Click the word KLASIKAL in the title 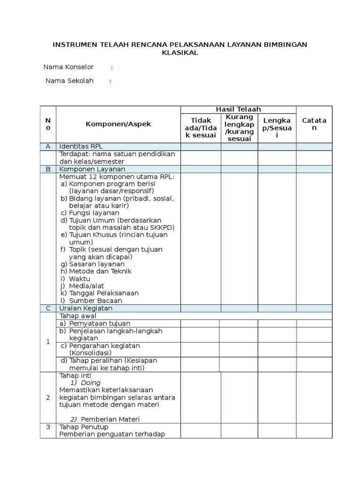[180, 53]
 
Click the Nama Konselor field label [68, 67]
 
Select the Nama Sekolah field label [69, 81]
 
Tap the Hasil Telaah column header [238, 109]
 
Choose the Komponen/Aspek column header [118, 124]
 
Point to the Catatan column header [314, 124]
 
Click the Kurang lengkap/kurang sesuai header [239, 127]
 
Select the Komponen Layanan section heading [92, 169]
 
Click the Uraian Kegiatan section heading [86, 308]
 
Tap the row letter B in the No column [48, 169]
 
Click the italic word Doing [90, 382]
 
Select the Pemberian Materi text [110, 419]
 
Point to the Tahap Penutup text [83, 427]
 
